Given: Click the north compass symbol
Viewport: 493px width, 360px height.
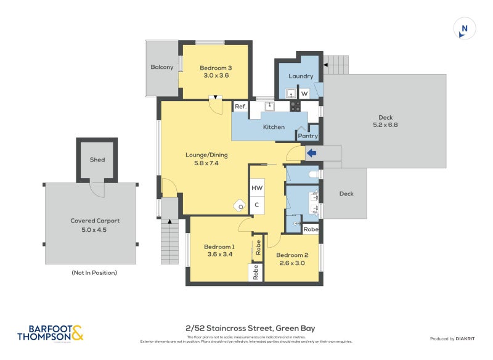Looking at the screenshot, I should pyautogui.click(x=464, y=29).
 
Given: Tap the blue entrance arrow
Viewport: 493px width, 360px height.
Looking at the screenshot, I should pyautogui.click(x=311, y=153).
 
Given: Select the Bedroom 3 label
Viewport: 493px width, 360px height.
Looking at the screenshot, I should pyautogui.click(x=216, y=68).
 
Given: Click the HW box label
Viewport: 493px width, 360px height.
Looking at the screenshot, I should pyautogui.click(x=256, y=188).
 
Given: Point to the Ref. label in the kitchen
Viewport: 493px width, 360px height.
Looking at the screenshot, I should pyautogui.click(x=240, y=107).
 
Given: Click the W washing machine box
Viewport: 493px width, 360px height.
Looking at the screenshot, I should pyautogui.click(x=304, y=94).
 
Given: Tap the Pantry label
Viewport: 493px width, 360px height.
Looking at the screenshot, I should pyautogui.click(x=308, y=136).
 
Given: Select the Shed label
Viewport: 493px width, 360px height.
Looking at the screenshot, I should pyautogui.click(x=97, y=160).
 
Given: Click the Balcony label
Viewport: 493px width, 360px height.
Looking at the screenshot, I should pyautogui.click(x=162, y=67).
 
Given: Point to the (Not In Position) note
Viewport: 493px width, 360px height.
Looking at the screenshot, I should pyautogui.click(x=94, y=272).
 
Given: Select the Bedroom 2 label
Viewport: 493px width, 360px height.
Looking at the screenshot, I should pyautogui.click(x=292, y=255).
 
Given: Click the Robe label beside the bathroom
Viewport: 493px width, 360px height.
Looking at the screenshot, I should pyautogui.click(x=311, y=229).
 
